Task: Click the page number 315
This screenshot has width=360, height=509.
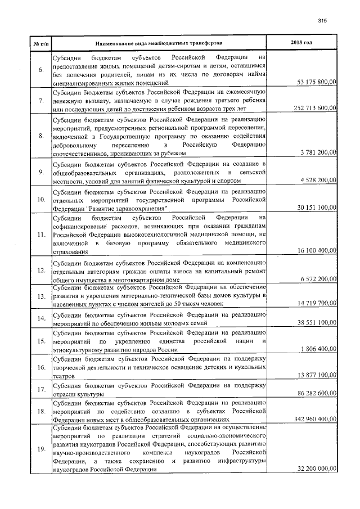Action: click(x=322, y=21)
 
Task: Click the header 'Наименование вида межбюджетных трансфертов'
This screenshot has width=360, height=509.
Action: click(x=159, y=43)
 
